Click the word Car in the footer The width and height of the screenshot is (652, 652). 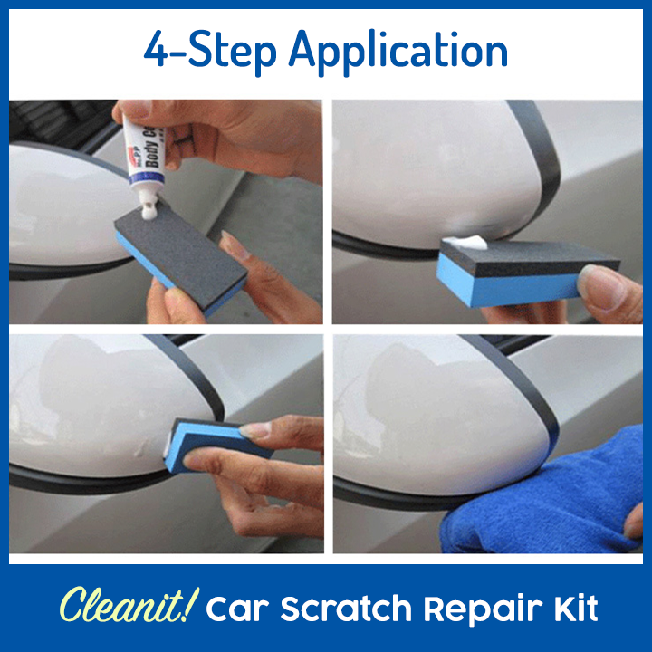point(235,609)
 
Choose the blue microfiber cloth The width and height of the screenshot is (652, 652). point(543,498)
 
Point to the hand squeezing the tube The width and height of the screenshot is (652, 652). point(235,136)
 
